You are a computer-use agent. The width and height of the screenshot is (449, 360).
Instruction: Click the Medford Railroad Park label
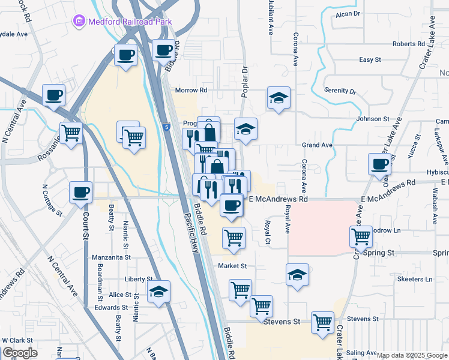point(130,22)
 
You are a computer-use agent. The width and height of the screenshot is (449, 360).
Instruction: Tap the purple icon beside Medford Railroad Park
point(79,22)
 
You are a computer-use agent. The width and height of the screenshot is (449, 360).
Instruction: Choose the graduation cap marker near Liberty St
point(158,292)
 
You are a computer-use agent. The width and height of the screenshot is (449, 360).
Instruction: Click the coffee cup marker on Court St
point(80,193)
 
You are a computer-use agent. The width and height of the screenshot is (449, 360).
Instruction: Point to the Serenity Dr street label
point(340,91)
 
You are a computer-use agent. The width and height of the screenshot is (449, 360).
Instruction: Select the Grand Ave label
point(317,145)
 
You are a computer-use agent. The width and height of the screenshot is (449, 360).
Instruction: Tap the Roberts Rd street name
point(408,44)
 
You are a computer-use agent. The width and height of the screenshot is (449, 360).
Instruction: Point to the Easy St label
point(370,60)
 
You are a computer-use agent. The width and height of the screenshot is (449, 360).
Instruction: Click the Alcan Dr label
point(348,13)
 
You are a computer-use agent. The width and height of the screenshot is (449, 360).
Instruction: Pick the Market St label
point(232,266)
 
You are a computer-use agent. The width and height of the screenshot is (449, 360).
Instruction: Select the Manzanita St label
point(112,257)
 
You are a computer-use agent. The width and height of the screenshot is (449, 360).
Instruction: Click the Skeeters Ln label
point(415,280)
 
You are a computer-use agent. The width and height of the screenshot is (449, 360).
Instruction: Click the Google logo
point(20,353)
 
